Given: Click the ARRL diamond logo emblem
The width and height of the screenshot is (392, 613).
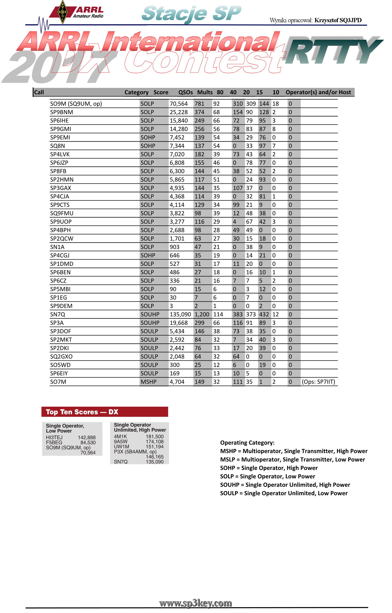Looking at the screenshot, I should [63, 12].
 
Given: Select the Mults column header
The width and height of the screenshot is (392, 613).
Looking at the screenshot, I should [205, 92].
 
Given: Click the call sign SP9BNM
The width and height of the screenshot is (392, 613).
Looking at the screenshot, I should [61, 112].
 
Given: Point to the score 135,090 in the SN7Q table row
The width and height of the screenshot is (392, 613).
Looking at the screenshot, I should [180, 314].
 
